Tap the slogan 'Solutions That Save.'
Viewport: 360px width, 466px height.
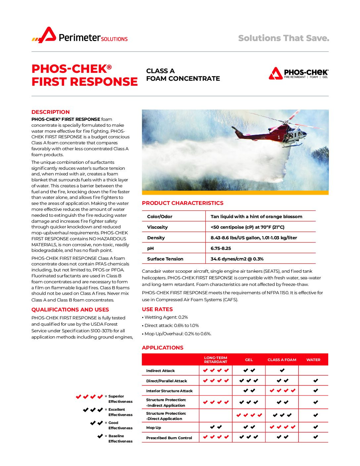[x=284, y=38]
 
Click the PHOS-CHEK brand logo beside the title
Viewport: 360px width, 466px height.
[x=298, y=73]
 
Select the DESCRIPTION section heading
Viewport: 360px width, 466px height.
[x=51, y=112]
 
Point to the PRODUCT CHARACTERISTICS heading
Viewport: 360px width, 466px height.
[x=183, y=203]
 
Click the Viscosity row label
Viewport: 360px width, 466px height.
[x=157, y=227]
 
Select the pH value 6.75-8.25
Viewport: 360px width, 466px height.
[x=221, y=248]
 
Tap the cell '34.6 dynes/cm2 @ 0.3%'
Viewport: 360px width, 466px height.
[x=237, y=259]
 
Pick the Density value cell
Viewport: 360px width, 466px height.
[x=254, y=238]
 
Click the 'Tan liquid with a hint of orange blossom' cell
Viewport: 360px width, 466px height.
[x=256, y=216]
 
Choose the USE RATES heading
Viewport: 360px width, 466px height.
[x=157, y=309]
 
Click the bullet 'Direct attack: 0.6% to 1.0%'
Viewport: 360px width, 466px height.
[x=171, y=325]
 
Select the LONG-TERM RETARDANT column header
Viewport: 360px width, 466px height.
[x=216, y=360]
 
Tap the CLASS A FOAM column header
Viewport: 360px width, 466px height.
[x=282, y=360]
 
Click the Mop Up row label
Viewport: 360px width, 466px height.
[x=154, y=428]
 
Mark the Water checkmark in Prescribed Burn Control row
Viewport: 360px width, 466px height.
[x=316, y=437]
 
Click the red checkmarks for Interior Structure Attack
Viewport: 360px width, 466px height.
[x=282, y=391]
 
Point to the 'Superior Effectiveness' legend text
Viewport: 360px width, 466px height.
[x=120, y=399]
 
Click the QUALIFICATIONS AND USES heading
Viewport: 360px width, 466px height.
[x=70, y=309]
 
